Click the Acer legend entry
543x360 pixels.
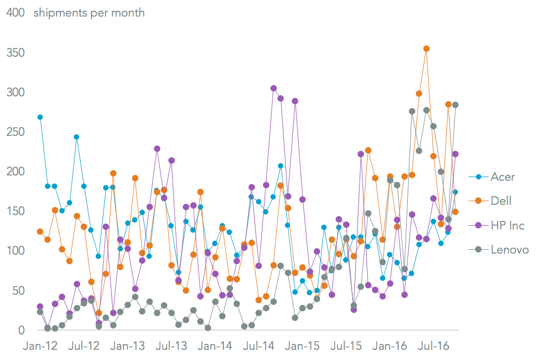coord(502,177)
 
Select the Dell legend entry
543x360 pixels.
coord(501,201)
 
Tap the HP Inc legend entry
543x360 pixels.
coord(507,225)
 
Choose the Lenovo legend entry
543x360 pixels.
coord(509,249)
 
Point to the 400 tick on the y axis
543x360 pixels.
coord(15,13)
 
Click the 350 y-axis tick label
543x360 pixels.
coord(15,52)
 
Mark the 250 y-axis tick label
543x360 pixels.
coord(15,132)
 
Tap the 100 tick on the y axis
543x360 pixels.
coord(15,250)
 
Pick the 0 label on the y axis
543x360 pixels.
coord(21,330)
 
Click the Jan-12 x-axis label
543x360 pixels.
coord(40,346)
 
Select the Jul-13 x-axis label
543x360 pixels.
coord(172,346)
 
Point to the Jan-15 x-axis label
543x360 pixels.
coord(303,346)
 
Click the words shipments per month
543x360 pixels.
coord(89,13)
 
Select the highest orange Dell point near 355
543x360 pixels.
coord(426,49)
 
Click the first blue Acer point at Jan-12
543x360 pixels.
coord(40,117)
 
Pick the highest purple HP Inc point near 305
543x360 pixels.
coord(274,88)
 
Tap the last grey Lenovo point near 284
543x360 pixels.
coord(455,105)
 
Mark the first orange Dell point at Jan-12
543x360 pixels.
coord(40,232)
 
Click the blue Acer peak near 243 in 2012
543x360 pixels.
coord(76,137)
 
